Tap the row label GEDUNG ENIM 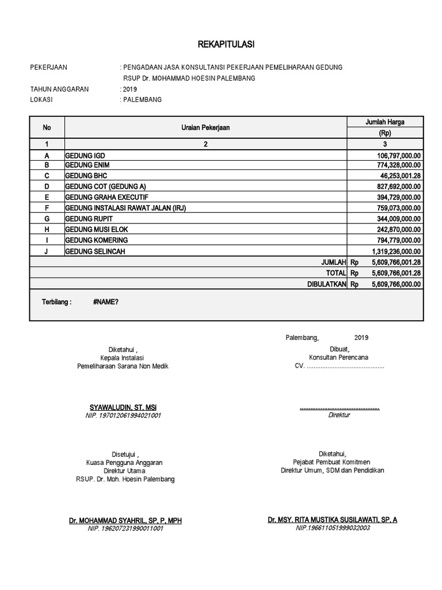pyautogui.click(x=87, y=165)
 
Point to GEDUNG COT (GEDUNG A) pyautogui.click(x=106, y=186)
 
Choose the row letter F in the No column pyautogui.click(x=47, y=207)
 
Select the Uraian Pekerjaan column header pyautogui.click(x=205, y=127)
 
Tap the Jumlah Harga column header pyautogui.click(x=385, y=122)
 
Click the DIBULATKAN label pyautogui.click(x=327, y=284)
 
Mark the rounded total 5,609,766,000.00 pyautogui.click(x=396, y=284)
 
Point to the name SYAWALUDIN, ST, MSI pyautogui.click(x=122, y=407)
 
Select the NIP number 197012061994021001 pyautogui.click(x=122, y=415)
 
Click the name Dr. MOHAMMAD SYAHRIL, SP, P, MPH pyautogui.click(x=125, y=520)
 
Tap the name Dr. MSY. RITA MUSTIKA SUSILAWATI pyautogui.click(x=332, y=520)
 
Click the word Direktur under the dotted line pyautogui.click(x=339, y=415)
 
